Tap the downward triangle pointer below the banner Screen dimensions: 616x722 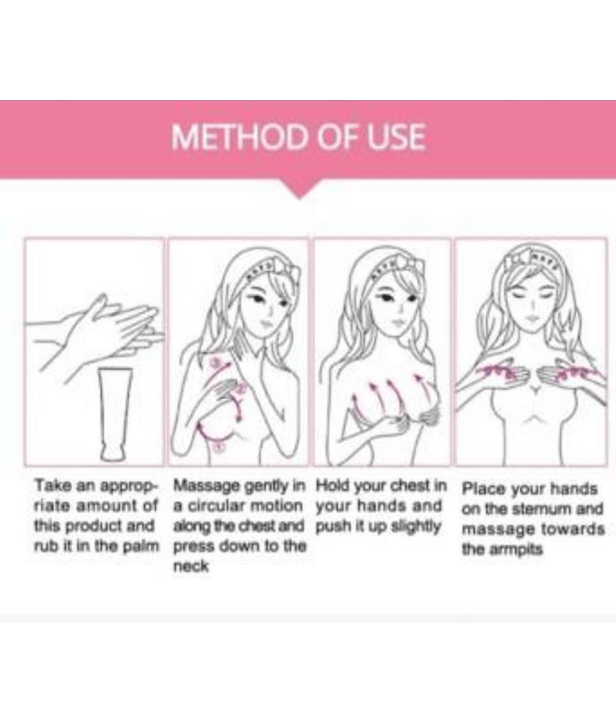point(300,189)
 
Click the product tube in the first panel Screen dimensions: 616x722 point(115,414)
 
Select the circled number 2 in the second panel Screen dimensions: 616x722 point(240,389)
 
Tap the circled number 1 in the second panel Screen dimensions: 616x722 point(219,446)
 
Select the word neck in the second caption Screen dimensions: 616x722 point(191,566)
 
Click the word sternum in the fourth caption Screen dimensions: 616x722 point(538,509)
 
